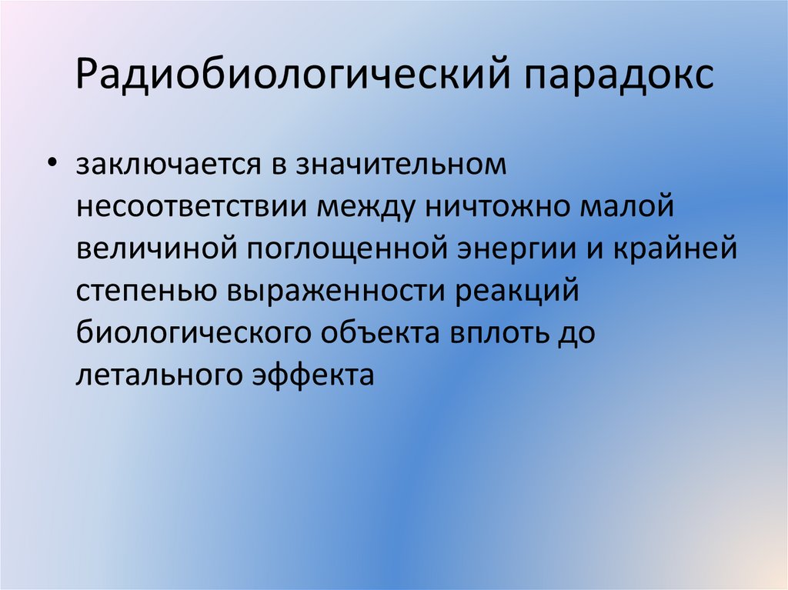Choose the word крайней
(x=679, y=250)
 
